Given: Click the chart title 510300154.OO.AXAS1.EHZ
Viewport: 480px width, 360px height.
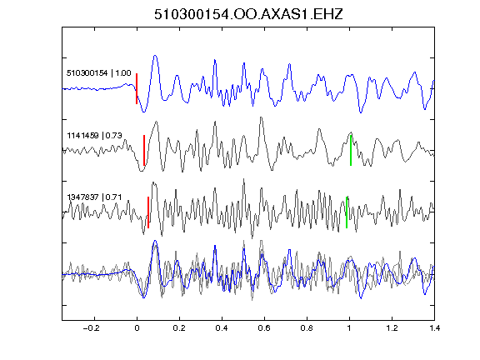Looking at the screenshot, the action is click(248, 14).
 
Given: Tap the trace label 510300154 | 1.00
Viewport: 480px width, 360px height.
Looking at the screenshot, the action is click(99, 73).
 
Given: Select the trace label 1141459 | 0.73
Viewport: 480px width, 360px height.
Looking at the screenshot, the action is click(95, 135).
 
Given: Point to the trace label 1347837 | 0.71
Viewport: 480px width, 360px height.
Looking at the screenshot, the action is click(94, 197).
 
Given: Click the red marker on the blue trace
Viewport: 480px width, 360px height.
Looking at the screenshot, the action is click(137, 89).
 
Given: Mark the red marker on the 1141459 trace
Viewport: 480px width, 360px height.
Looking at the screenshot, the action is click(144, 150).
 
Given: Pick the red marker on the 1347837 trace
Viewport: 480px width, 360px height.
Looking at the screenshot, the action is click(148, 212).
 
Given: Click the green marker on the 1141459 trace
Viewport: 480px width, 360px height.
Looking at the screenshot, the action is click(351, 150).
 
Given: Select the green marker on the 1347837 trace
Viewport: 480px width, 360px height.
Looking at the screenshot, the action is click(347, 212).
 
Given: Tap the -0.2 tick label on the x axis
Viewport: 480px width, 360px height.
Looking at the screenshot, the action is click(92, 328).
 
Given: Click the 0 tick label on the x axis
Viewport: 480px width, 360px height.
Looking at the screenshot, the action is click(137, 328).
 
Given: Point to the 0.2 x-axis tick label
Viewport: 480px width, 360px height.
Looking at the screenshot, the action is click(179, 328).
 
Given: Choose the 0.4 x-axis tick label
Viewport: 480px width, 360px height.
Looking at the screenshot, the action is click(222, 328).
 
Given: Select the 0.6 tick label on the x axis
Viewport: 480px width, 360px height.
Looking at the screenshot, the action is click(264, 328).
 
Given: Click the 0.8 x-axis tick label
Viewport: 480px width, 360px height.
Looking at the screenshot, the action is click(307, 328).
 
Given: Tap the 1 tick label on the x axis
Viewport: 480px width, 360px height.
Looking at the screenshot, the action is click(349, 328).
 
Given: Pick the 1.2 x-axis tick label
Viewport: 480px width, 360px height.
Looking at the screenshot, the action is click(392, 328).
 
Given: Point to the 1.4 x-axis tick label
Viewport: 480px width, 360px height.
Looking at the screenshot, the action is click(434, 328).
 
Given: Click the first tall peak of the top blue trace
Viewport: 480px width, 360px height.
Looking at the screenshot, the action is click(155, 56).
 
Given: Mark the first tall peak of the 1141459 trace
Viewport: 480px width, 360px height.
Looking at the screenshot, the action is click(157, 122).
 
